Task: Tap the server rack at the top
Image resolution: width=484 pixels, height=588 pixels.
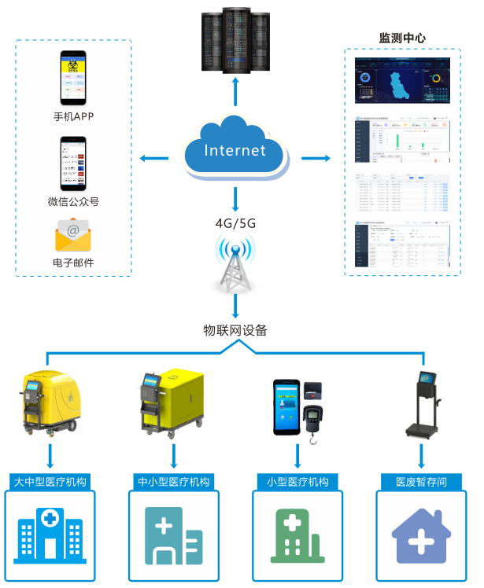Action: (235, 40)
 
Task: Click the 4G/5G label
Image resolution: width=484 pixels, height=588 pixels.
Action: (235, 223)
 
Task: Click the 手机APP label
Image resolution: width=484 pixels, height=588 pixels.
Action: (73, 117)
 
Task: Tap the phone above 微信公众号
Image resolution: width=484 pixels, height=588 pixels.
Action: (73, 163)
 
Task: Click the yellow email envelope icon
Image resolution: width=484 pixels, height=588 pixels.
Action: (73, 234)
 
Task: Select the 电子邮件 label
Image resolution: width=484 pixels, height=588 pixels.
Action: (73, 263)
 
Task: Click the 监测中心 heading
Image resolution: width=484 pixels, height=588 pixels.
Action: (403, 38)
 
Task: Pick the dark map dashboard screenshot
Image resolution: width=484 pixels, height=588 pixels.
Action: (403, 80)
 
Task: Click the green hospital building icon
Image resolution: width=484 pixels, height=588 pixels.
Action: (297, 535)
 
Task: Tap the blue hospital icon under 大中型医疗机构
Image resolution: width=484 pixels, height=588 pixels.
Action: (50, 535)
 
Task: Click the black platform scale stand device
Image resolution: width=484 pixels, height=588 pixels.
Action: (420, 405)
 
